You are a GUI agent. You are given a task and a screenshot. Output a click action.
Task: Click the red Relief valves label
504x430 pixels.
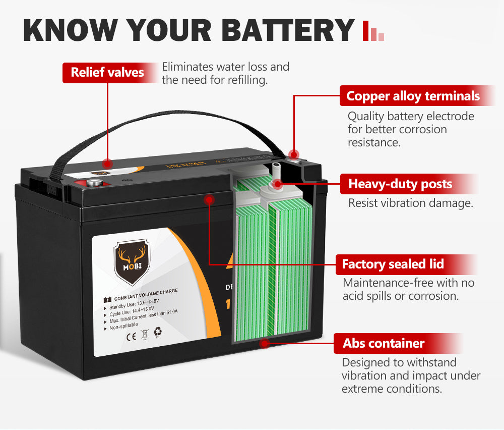[107, 72]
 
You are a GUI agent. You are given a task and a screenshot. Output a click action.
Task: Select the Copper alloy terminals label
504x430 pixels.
[413, 96]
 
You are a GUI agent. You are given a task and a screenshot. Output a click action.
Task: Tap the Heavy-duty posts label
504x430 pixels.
[400, 184]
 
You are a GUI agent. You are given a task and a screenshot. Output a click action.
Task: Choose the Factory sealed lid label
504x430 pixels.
[393, 264]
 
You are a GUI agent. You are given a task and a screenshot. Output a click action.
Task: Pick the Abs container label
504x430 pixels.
[384, 344]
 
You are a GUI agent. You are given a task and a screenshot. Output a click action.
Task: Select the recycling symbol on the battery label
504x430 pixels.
[158, 332]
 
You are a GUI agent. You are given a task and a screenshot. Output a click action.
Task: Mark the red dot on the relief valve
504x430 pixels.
[107, 163]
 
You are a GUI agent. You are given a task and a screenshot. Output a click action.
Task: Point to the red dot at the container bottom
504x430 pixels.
[263, 344]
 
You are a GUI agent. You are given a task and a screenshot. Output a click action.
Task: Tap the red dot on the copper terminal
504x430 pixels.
[293, 154]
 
